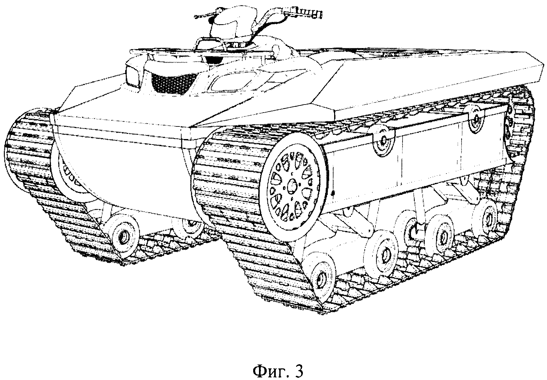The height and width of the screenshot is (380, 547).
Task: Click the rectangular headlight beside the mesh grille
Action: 133,76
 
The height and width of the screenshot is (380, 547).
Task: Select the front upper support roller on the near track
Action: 383,139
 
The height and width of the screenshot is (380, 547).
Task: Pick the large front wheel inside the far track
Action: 69,171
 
